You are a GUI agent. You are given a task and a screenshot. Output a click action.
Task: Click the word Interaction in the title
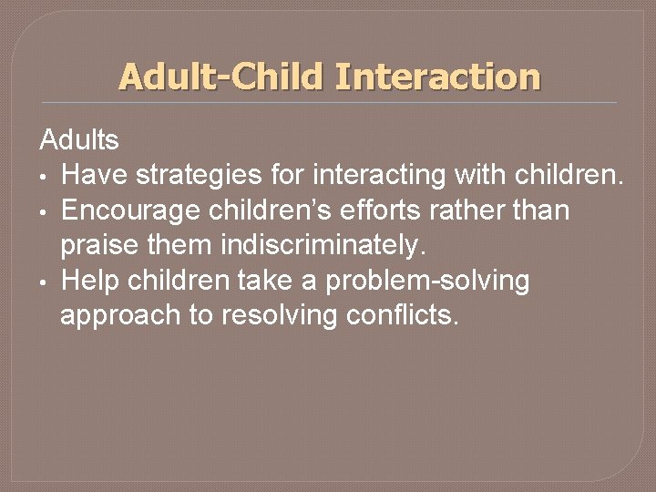click(437, 77)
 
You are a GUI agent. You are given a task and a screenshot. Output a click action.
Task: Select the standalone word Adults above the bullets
click(79, 140)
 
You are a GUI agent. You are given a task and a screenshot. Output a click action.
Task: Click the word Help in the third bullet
click(90, 281)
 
